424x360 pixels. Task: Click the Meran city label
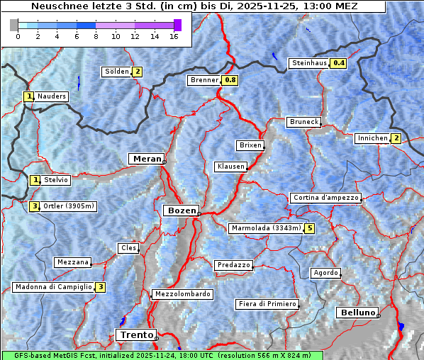[145, 159]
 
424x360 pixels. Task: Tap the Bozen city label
[180, 210]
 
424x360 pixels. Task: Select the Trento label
[135, 334]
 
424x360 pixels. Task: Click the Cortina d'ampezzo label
[325, 198]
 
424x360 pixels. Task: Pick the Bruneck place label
[303, 122]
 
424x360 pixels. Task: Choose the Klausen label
[230, 167]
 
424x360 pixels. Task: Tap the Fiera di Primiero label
[267, 304]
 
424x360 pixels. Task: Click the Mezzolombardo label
[182, 294]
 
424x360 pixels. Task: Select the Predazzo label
[233, 265]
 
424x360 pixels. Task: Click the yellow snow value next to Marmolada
[309, 228]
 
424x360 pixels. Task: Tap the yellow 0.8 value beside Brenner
[230, 80]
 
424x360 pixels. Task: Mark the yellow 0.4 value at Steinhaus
[339, 63]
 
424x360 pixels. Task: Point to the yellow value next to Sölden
[138, 72]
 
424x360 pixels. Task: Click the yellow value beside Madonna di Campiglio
[101, 287]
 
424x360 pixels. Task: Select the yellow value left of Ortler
[34, 206]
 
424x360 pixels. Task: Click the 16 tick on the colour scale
[174, 36]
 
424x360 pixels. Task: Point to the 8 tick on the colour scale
[96, 36]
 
